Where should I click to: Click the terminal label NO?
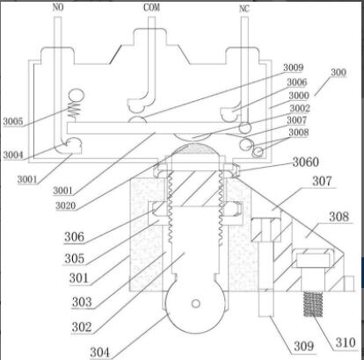click(58, 7)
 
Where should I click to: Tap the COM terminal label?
click(152, 7)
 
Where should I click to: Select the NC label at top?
click(244, 9)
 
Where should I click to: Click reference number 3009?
click(293, 68)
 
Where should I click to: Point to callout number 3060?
click(306, 162)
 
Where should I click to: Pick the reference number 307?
click(322, 181)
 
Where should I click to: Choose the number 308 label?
click(339, 217)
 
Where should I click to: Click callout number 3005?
click(13, 121)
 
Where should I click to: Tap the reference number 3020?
click(66, 205)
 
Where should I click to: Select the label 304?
click(99, 352)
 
